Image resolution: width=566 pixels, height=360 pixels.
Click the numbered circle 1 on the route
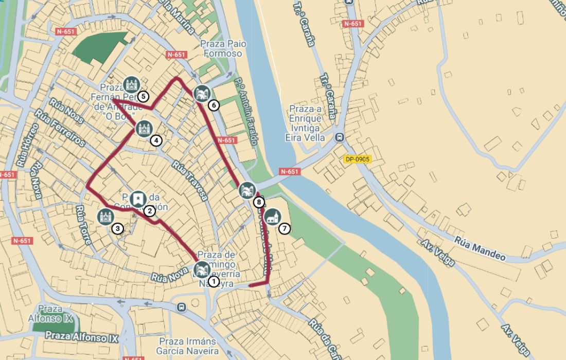(213, 281)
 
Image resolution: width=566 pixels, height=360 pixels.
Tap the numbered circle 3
(117, 229)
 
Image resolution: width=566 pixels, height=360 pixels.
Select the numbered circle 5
(143, 96)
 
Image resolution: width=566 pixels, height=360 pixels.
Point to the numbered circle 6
(214, 105)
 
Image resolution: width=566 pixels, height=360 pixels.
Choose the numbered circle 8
(258, 203)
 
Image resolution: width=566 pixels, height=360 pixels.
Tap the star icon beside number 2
(137, 199)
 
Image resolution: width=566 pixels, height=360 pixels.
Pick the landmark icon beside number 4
(144, 128)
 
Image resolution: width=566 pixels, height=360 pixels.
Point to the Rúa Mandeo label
(480, 248)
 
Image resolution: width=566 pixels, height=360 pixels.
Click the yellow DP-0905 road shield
(358, 159)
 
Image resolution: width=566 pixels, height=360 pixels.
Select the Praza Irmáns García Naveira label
(188, 346)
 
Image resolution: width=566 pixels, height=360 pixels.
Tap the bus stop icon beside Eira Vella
(339, 137)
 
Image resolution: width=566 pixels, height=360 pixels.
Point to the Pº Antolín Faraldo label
(247, 113)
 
